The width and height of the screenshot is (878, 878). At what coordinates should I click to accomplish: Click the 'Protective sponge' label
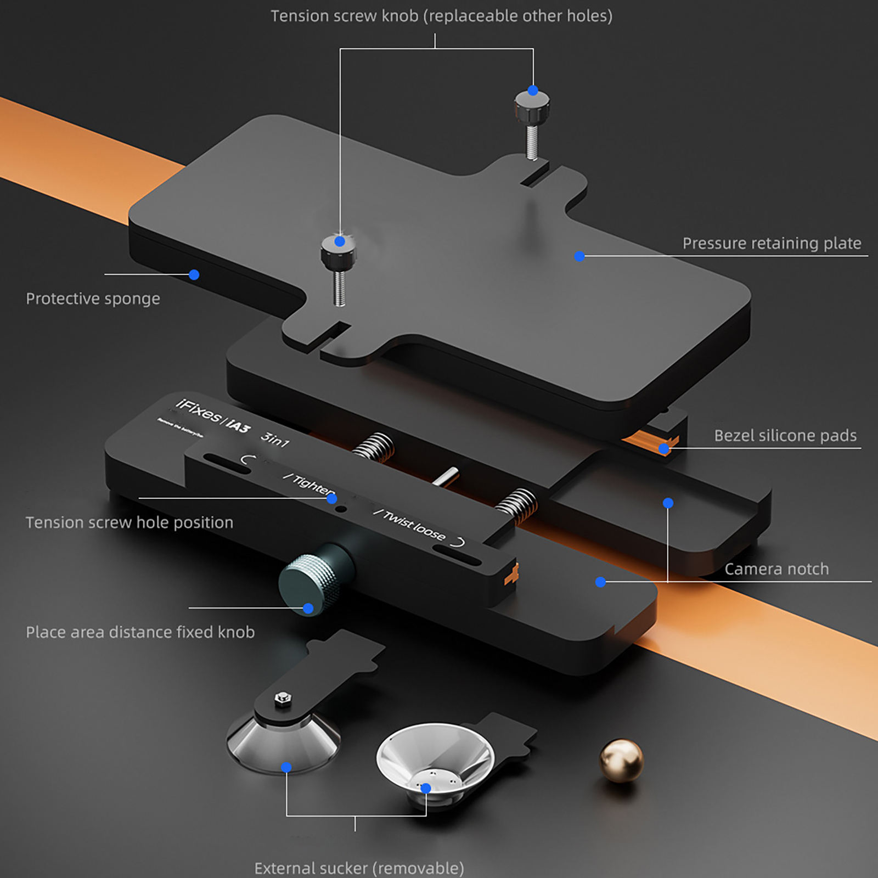93,299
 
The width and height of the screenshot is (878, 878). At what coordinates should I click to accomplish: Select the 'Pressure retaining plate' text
772,243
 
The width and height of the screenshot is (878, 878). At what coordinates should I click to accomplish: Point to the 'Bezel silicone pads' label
785,435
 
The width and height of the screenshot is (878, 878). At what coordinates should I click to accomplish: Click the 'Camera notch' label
776,569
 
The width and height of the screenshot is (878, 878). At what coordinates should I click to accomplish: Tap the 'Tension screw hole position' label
130,522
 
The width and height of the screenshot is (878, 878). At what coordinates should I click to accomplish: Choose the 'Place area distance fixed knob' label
140,632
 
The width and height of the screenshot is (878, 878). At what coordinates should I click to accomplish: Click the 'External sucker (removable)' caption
359,868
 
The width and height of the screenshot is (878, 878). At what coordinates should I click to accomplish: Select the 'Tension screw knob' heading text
441,16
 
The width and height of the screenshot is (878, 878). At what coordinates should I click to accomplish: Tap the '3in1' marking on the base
274,439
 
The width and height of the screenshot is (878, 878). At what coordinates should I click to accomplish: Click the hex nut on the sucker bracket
283,697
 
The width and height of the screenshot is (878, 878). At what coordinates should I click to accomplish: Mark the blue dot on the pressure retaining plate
579,256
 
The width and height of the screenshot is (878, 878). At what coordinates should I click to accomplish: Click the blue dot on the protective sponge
194,275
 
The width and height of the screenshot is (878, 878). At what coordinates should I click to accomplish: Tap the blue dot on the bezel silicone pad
664,449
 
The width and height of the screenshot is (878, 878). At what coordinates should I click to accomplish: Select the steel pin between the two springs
446,476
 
